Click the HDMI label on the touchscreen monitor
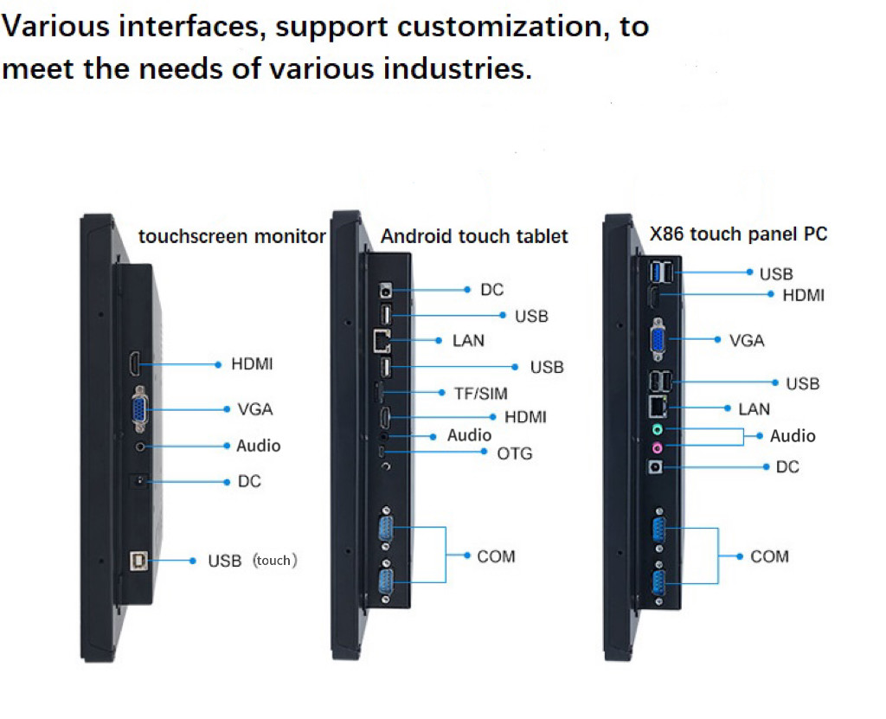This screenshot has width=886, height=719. tap(252, 364)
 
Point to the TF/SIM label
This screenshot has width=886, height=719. tap(481, 393)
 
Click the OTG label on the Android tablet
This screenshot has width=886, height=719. tap(515, 453)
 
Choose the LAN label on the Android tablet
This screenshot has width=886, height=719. tap(468, 341)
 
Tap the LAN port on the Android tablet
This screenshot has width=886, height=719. tap(382, 340)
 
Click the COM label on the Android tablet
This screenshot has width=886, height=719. tap(496, 556)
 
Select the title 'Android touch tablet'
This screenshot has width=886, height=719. tap(474, 236)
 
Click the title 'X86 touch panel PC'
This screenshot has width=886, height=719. tap(738, 234)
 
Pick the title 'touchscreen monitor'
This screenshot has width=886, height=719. tap(232, 236)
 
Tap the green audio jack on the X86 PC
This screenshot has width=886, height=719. tap(657, 428)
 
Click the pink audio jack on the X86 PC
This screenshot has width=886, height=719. tap(657, 447)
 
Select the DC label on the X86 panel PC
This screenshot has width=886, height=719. tap(787, 467)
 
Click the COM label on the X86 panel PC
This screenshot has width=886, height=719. tap(769, 556)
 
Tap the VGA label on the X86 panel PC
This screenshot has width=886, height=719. tap(747, 341)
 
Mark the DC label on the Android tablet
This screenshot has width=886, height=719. tap(491, 290)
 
